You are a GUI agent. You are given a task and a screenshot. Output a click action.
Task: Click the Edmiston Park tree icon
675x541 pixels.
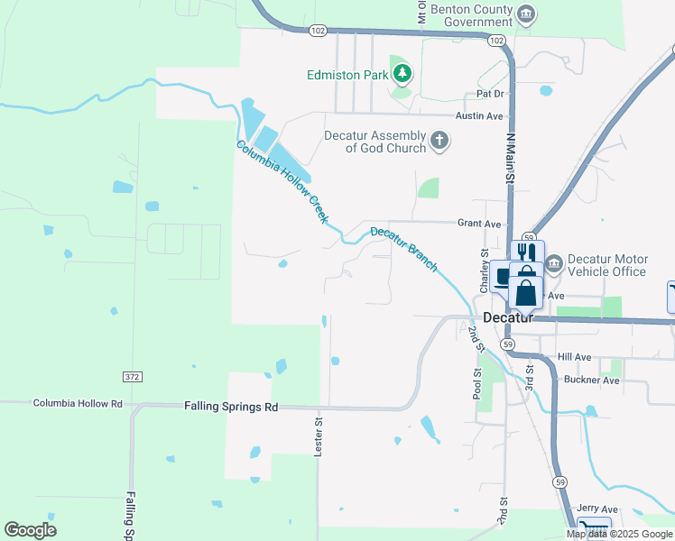[401, 73]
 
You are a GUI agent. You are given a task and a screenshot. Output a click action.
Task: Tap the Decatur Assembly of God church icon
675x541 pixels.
[439, 140]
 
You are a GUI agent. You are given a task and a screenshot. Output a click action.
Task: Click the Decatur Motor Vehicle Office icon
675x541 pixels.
[553, 263]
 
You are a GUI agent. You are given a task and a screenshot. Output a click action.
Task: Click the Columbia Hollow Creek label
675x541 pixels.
[283, 184]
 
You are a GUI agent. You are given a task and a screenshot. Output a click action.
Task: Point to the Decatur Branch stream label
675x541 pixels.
[403, 248]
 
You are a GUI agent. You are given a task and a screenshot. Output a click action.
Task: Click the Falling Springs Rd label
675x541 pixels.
[231, 407]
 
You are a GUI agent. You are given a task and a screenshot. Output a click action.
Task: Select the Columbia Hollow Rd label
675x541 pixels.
[78, 404]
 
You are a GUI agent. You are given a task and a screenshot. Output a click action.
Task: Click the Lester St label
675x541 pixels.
[319, 436]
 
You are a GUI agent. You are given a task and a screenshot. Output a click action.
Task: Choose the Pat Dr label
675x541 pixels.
[490, 94]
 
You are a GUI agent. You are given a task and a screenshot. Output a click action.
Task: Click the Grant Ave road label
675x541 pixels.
[479, 223]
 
